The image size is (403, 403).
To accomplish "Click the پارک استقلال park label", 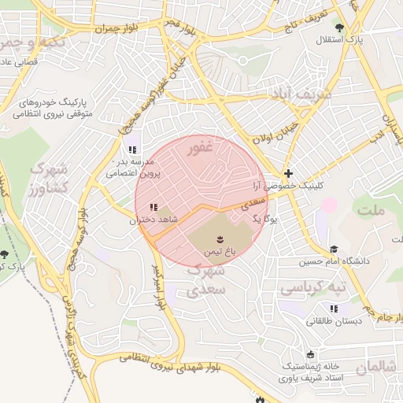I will [343, 39].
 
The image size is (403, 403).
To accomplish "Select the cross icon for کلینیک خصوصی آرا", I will [288, 173].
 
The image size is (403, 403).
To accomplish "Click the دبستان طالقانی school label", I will [333, 322].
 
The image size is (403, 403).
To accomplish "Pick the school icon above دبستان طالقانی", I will [333, 309].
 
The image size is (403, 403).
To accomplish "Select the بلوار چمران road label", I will [117, 28].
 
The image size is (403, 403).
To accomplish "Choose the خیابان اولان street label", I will [275, 133].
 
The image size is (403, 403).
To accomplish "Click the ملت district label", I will [372, 211].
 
